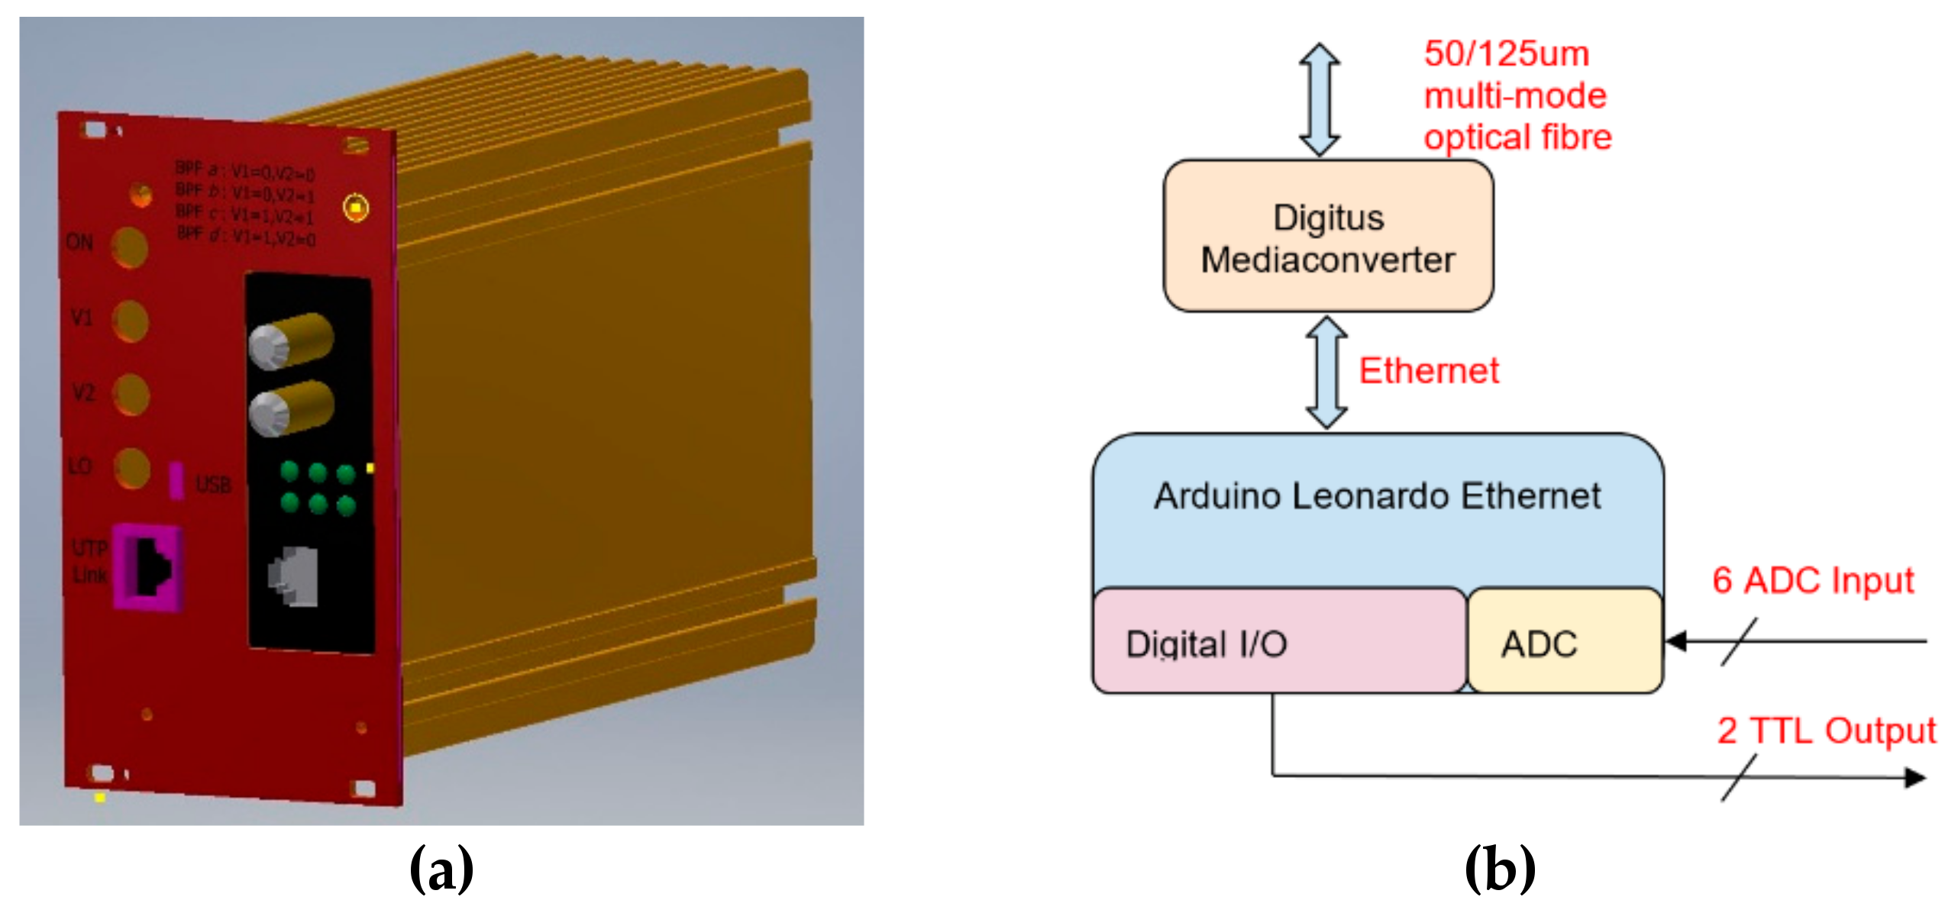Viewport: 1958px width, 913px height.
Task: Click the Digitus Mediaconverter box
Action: point(1327,237)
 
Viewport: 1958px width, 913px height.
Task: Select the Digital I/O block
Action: point(1279,642)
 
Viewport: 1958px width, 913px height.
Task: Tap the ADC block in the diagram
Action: point(1564,642)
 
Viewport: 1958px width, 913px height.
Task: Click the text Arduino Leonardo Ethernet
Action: point(1377,496)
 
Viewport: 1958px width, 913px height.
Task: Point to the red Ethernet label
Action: point(1428,371)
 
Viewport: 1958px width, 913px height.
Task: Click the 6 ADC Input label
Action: point(1813,581)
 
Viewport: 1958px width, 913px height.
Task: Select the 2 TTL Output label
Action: point(1826,731)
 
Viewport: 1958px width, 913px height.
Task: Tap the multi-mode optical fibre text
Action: point(1517,96)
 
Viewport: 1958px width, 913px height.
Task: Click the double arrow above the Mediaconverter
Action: point(1319,99)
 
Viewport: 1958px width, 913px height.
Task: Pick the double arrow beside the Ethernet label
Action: point(1326,373)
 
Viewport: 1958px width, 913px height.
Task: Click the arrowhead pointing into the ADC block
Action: point(1677,641)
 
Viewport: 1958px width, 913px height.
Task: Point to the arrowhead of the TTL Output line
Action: point(1914,778)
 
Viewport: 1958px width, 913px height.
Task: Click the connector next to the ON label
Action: point(130,247)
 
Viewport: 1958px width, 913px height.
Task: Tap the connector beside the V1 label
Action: point(131,320)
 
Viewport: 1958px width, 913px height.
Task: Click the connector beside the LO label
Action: point(131,467)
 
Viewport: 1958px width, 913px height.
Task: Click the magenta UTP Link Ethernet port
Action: point(148,567)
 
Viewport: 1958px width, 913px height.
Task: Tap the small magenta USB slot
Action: point(176,481)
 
